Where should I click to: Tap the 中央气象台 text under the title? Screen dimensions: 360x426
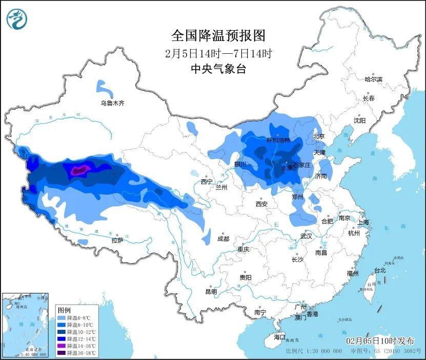pos(218,69)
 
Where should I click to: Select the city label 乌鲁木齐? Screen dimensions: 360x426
pos(112,103)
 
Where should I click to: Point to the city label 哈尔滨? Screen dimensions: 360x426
pos(373,79)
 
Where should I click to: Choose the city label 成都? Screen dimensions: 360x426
pos(223,239)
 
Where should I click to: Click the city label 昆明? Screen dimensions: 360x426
pos(211,291)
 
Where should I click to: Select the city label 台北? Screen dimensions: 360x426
pos(379,270)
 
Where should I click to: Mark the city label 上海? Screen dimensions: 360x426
pos(363,222)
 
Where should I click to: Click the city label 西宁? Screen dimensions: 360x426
pos(207,181)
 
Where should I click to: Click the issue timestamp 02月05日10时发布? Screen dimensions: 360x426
pos(380,341)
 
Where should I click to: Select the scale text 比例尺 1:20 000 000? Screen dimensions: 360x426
pos(313,351)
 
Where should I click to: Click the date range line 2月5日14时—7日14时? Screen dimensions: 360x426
pos(218,53)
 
